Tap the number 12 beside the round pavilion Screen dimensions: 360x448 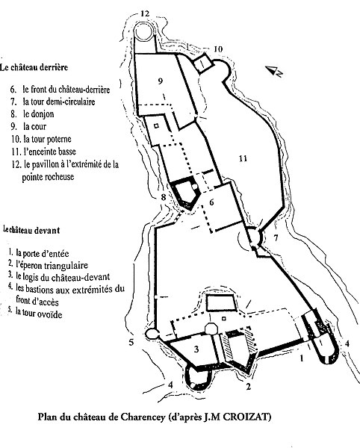point(145,13)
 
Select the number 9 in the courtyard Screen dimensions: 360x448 point(161,81)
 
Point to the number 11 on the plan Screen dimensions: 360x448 point(243,158)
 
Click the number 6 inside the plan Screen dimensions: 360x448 point(211,202)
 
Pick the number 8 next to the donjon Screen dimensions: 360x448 point(163,197)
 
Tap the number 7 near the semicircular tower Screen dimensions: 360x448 point(276,237)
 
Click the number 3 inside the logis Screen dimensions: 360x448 point(196,349)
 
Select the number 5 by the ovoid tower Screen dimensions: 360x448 point(131,342)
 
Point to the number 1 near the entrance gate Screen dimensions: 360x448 point(301,358)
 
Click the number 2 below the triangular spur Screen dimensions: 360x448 point(248,387)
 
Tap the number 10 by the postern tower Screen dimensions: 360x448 point(217,49)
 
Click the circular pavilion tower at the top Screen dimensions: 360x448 point(145,31)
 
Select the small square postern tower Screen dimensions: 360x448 point(203,63)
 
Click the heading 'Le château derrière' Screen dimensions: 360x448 point(34,67)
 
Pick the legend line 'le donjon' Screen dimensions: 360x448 point(32,114)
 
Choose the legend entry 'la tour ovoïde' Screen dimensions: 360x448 point(34,314)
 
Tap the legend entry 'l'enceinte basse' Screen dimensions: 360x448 point(44,152)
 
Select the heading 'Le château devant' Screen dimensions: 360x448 point(31,230)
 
